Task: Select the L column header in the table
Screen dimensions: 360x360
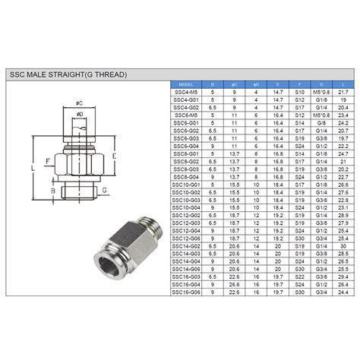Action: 343,84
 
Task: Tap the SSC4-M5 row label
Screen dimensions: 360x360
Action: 183,92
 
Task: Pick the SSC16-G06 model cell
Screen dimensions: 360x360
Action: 183,292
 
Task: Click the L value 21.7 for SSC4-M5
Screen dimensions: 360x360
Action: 343,92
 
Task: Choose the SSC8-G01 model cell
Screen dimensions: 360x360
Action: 183,153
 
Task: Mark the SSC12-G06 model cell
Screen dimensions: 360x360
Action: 183,238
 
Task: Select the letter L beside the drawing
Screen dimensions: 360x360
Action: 32,167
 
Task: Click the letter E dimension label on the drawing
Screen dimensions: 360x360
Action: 114,156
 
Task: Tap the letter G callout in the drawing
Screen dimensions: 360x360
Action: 104,191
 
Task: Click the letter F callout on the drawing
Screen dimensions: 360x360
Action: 47,161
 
